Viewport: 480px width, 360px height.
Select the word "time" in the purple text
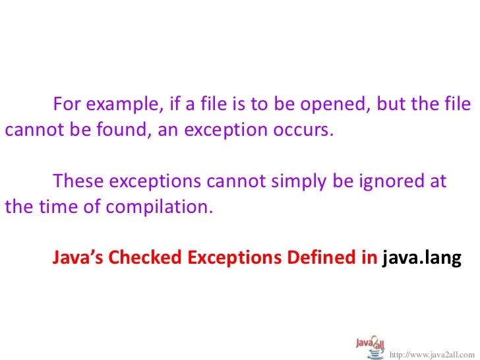click(47, 206)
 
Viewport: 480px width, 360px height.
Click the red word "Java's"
click(78, 258)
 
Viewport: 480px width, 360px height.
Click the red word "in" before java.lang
click(367, 258)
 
